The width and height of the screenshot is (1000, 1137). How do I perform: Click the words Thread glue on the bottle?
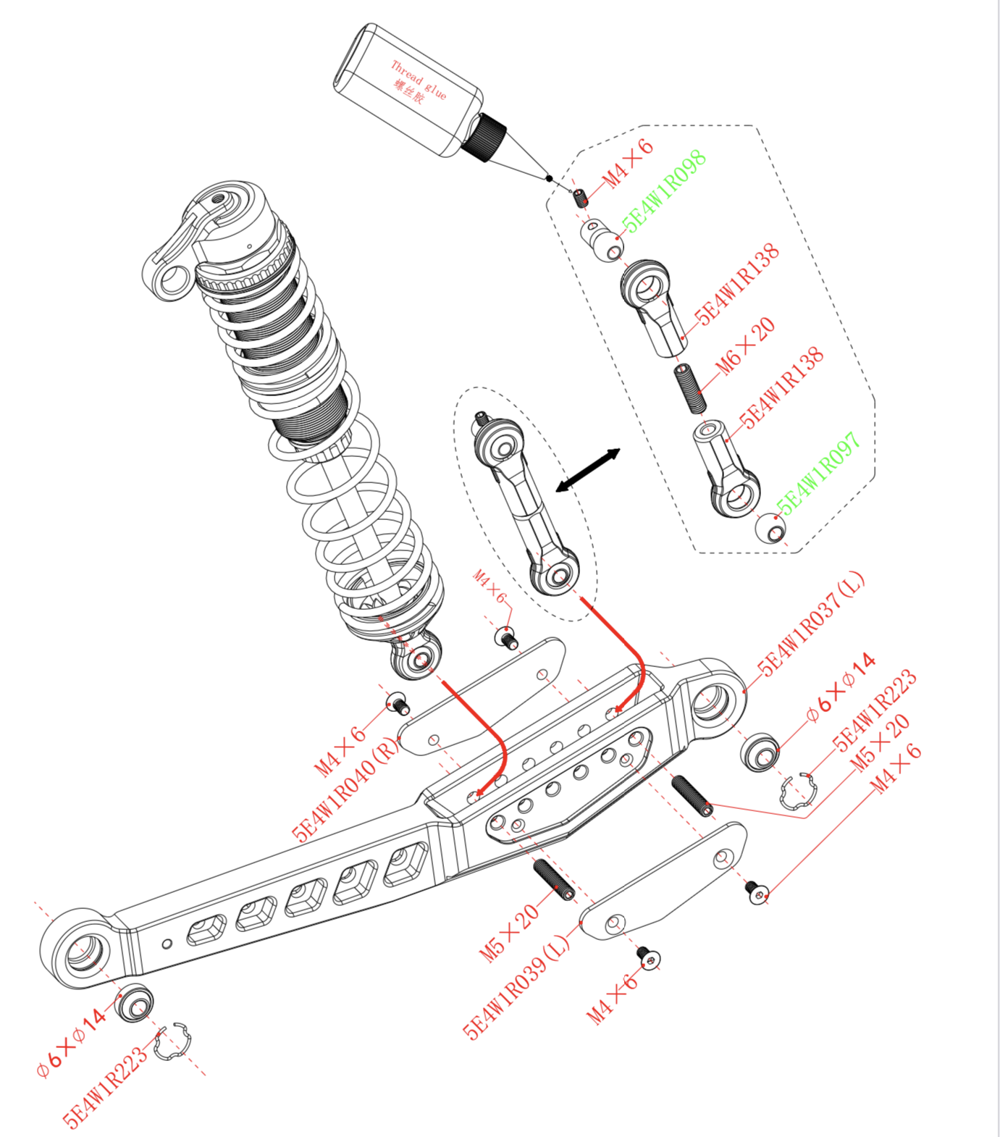point(419,79)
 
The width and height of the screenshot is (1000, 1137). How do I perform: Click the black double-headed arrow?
point(588,470)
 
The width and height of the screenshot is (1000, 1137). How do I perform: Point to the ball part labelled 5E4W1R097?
point(770,529)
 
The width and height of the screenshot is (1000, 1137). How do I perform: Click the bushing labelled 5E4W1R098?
point(602,240)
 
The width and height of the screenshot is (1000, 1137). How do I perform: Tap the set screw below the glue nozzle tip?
point(579,198)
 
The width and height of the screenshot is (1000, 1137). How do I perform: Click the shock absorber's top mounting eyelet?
point(174,280)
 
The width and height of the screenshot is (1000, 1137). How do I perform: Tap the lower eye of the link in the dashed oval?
point(558,575)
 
